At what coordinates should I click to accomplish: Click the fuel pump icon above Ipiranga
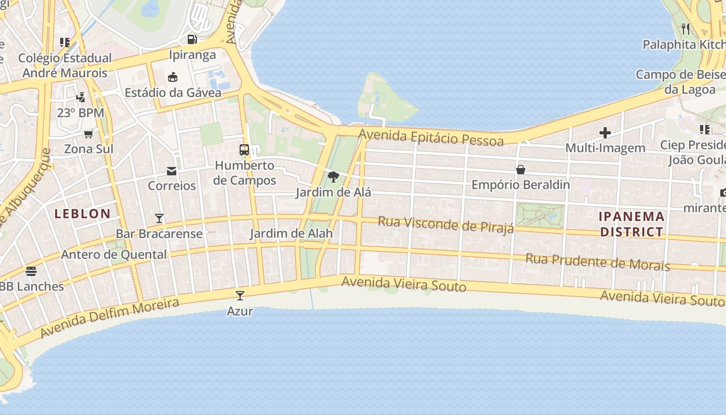point(192,39)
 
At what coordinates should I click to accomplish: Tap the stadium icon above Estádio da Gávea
point(173,77)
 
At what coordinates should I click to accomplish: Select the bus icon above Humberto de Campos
point(244,150)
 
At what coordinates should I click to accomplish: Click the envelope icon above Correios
point(172,171)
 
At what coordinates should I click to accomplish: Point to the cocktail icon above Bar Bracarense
point(159,218)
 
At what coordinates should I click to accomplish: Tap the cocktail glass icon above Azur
point(240,296)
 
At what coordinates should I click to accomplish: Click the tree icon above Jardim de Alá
point(333,177)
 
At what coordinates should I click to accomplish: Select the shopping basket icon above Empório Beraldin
point(521,170)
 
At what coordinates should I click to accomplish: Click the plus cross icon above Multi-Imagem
point(605,133)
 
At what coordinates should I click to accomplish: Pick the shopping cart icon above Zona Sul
point(89,134)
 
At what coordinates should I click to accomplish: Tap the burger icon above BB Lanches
point(31,271)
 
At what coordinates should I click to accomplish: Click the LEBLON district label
point(82,213)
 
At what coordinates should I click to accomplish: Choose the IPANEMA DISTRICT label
point(632,224)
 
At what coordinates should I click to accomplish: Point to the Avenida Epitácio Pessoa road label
point(431,137)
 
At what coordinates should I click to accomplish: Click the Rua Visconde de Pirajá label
point(446,224)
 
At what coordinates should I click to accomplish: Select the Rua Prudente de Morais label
point(597,261)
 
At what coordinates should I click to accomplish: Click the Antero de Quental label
point(114,254)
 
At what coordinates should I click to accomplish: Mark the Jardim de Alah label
point(291,233)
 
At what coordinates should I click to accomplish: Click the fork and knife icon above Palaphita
point(686,29)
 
